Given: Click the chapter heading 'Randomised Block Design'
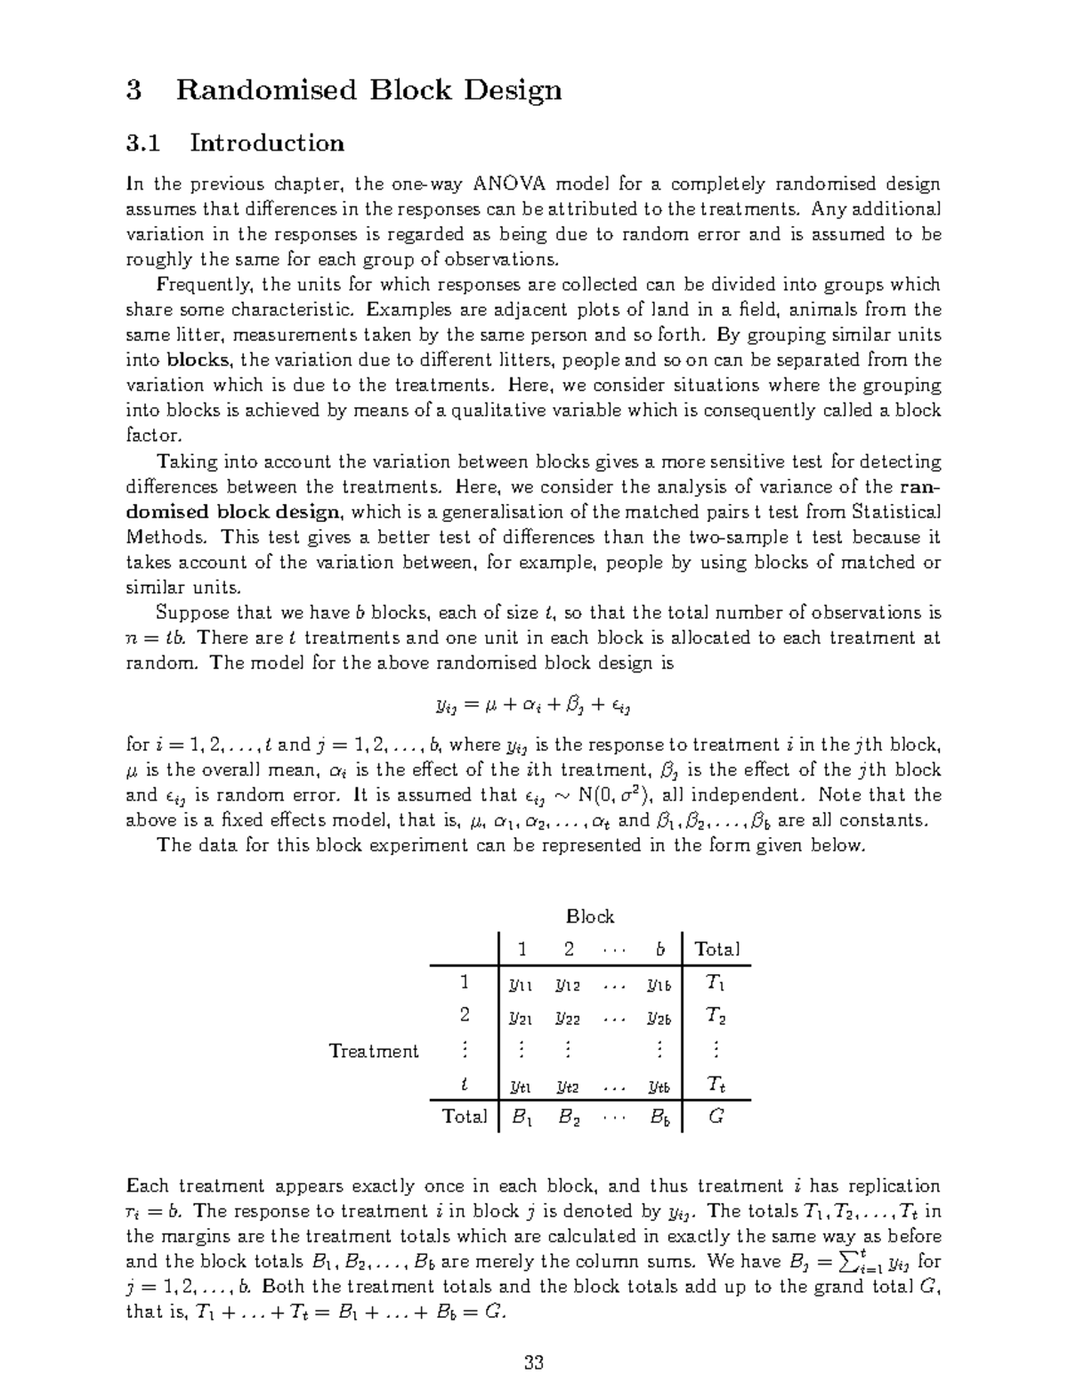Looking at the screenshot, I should [x=368, y=90].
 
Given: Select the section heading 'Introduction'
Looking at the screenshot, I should [x=266, y=143].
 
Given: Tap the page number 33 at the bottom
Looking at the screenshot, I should [x=534, y=1363].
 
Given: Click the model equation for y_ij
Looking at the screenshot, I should [x=533, y=706].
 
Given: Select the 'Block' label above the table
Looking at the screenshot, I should [x=590, y=916].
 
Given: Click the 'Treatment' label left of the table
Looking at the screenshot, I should [x=374, y=1051].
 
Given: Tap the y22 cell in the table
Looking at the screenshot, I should [x=567, y=1016].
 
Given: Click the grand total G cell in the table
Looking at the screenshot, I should [x=716, y=1116].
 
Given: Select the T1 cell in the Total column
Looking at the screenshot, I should [x=716, y=983].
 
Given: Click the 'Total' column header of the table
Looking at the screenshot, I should [x=716, y=949].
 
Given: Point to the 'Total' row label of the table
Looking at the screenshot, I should [x=465, y=1116].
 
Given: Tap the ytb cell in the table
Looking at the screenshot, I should [x=659, y=1086].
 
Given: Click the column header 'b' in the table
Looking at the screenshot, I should [x=659, y=949].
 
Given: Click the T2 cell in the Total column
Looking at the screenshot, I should [x=716, y=1016].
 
